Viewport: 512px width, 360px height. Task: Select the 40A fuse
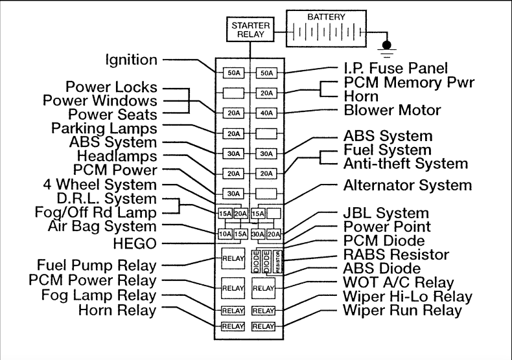[x=265, y=111]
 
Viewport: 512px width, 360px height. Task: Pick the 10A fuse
[x=224, y=234]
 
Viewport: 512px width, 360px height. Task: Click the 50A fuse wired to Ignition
[x=233, y=73]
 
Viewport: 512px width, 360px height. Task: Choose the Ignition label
[x=132, y=60]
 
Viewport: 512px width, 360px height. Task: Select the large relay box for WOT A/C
[x=265, y=286]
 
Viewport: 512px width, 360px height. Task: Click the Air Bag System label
[x=102, y=227]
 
